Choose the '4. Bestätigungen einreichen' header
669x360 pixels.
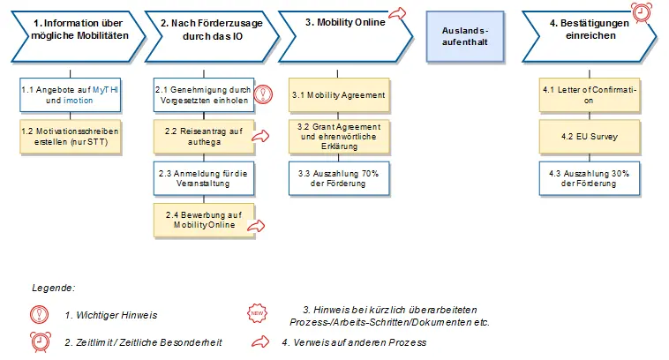point(589,30)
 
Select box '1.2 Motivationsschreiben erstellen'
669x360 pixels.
point(69,137)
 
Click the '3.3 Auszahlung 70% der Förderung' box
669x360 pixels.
point(338,178)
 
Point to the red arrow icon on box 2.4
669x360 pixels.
point(255,227)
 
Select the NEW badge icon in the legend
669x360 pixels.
point(256,313)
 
